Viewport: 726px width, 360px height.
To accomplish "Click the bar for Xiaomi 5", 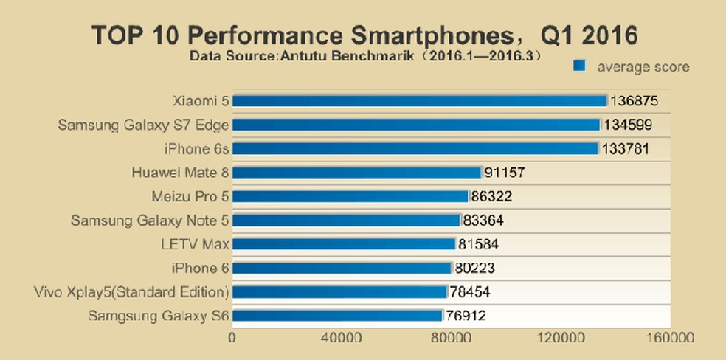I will pos(419,101).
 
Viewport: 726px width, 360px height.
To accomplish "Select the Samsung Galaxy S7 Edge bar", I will pos(416,125).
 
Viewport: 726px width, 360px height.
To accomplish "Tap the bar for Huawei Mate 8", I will pos(357,173).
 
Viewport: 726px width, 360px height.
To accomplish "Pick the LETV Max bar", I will pos(344,244).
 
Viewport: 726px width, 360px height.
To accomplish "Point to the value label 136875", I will pos(633,101).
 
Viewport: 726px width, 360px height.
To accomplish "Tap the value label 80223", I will pos(476,269).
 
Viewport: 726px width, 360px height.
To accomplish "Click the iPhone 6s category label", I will pos(197,149).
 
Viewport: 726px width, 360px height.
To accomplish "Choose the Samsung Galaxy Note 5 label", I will pos(150,221).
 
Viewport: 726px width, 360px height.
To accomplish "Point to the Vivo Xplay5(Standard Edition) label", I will pos(131,292).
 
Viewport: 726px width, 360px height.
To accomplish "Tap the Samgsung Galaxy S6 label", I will pos(158,316).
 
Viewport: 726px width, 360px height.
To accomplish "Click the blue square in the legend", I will pos(580,66).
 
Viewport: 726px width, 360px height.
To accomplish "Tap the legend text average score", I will pos(643,67).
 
